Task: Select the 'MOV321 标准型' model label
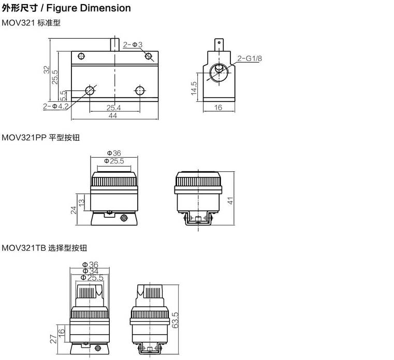(31, 23)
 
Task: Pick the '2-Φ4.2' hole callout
(56, 107)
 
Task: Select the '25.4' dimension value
(114, 108)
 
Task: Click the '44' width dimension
(113, 116)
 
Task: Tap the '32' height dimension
(46, 69)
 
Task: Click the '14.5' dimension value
(194, 87)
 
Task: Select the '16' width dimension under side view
(218, 108)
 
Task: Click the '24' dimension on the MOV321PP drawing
(73, 209)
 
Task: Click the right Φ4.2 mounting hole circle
(138, 91)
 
